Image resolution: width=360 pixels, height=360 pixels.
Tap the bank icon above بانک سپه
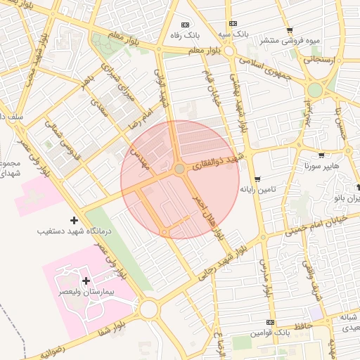click(x=233, y=23)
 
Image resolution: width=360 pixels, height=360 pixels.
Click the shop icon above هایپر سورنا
click(x=321, y=155)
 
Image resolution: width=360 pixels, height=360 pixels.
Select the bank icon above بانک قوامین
click(x=270, y=321)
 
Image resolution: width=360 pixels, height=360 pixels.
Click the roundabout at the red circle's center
click(x=179, y=169)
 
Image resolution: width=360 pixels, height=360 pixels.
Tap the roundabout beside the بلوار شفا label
click(x=148, y=309)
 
